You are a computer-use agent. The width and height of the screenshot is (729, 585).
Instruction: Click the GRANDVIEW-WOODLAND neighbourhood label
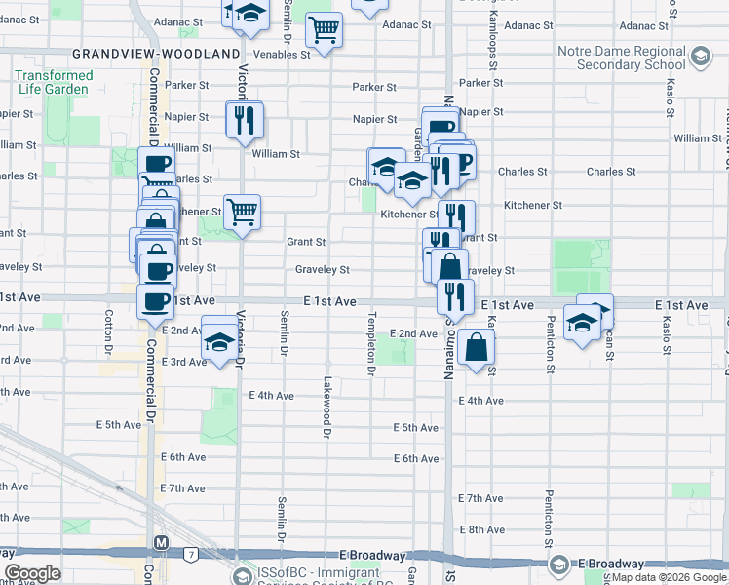155,53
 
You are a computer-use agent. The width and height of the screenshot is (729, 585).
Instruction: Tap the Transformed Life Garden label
55,83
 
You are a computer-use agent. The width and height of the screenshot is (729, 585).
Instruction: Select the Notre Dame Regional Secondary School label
621,58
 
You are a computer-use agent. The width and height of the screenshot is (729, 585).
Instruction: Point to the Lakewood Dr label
327,406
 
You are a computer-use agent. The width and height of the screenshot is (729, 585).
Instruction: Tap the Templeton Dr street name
371,344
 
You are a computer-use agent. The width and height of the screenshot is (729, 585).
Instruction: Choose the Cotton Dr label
109,334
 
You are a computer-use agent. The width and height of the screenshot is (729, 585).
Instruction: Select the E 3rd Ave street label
184,362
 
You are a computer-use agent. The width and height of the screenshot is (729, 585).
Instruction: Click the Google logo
32,573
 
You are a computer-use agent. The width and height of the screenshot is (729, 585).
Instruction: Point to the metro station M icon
161,542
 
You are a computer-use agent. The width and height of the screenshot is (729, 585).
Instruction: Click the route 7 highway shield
191,555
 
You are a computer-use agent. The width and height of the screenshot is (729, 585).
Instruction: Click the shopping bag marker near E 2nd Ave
477,347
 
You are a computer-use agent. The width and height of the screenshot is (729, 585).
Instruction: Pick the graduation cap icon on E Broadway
559,565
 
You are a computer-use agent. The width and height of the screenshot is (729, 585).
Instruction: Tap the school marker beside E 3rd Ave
219,342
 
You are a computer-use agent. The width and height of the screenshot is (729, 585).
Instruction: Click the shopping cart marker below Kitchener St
242,211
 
